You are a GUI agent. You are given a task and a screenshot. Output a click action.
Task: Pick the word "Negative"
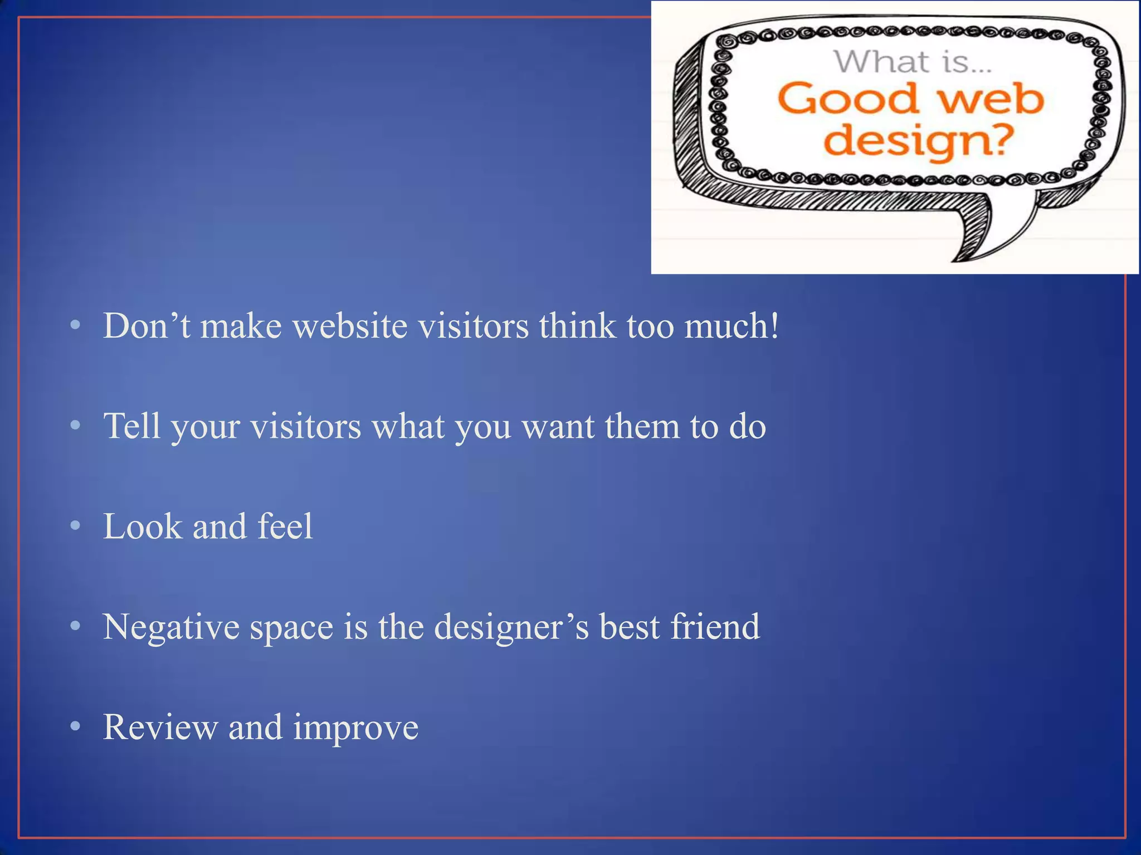click(170, 627)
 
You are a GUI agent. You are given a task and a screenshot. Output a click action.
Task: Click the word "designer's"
click(511, 627)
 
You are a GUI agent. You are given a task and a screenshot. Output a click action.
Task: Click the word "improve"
click(355, 728)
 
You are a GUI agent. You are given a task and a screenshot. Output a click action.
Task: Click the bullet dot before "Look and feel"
click(76, 526)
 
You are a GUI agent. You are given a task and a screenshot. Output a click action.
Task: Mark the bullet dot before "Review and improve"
click(76, 726)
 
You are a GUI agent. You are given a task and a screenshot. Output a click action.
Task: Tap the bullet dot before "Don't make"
click(76, 325)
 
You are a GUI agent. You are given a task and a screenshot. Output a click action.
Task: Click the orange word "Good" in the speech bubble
click(847, 99)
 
